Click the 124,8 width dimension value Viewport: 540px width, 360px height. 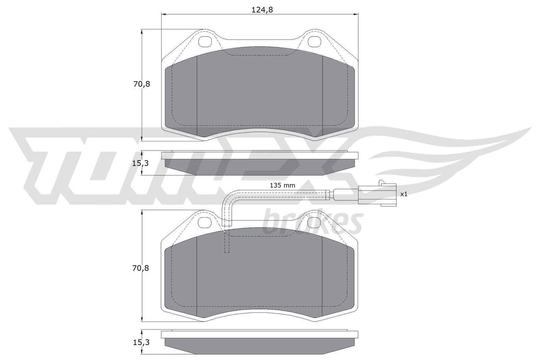coord(262,10)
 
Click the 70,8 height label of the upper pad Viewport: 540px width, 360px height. coord(142,84)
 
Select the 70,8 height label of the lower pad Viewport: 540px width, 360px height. coord(141,268)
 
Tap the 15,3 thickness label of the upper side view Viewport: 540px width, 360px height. coord(140,163)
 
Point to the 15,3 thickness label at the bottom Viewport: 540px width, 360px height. coord(141,342)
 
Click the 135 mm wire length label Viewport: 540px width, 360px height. coord(282,185)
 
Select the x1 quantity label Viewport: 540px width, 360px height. coord(404,194)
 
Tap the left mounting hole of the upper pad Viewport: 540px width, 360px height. coord(205,41)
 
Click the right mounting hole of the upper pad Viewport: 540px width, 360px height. coord(315,41)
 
